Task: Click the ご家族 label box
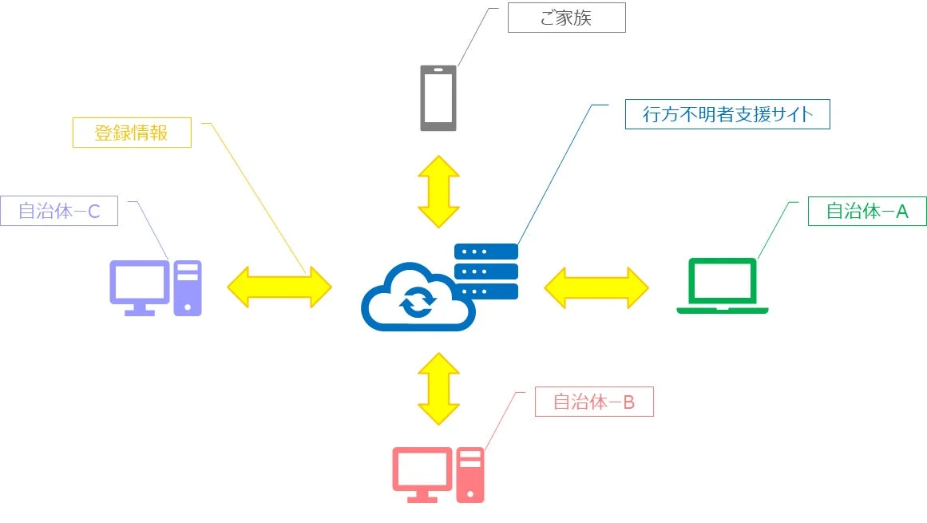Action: (566, 18)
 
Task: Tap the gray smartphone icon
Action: (438, 97)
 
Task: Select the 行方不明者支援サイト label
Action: (727, 114)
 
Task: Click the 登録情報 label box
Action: (132, 133)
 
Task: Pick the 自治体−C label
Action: (59, 212)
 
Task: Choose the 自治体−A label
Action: (867, 212)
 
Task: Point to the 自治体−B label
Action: (594, 402)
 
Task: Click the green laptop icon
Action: (723, 286)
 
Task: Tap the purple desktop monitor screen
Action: (139, 283)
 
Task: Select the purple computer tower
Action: (188, 287)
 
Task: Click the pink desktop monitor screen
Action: (422, 469)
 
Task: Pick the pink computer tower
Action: (470, 474)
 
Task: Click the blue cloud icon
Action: (415, 299)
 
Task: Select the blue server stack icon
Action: (486, 271)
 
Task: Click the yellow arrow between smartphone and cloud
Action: (438, 192)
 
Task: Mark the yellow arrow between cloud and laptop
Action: (596, 287)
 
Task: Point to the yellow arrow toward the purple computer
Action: (279, 287)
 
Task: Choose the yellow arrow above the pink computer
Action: (438, 389)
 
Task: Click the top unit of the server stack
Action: (486, 252)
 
